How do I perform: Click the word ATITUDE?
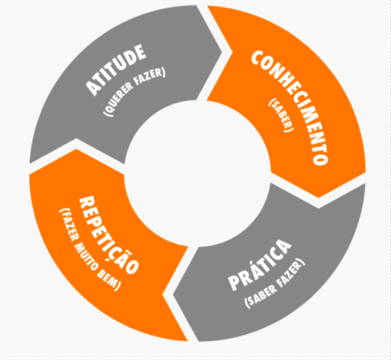pyautogui.click(x=116, y=70)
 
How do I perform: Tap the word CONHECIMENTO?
pyautogui.click(x=290, y=108)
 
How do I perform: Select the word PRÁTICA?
pyautogui.click(x=260, y=265)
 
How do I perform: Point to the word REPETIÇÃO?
pyautogui.click(x=109, y=235)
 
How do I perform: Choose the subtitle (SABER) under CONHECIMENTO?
pyautogui.click(x=281, y=115)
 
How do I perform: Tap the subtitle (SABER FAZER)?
pyautogui.click(x=274, y=283)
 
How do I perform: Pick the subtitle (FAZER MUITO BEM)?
pyautogui.click(x=90, y=249)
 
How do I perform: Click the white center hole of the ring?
pyautogui.click(x=197, y=173)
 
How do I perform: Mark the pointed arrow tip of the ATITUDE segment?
pyautogui.click(x=222, y=53)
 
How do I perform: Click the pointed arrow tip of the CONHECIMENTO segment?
pyautogui.click(x=319, y=198)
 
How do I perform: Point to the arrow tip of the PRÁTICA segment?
pyautogui.click(x=173, y=295)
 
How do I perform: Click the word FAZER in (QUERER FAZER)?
pyautogui.click(x=150, y=76)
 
